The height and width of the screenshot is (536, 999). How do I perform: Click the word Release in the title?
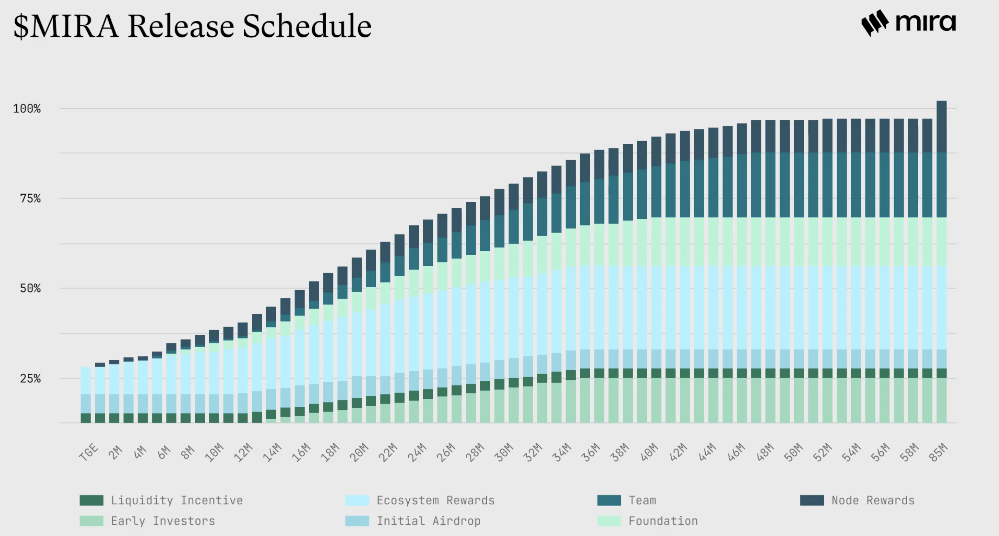(181, 26)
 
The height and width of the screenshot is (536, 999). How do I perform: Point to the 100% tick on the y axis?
(27, 109)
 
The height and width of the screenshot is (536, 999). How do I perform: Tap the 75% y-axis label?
(30, 199)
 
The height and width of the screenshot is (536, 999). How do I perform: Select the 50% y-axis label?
(30, 288)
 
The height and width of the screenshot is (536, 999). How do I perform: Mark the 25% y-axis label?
(30, 378)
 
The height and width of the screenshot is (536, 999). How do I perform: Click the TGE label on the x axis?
(88, 452)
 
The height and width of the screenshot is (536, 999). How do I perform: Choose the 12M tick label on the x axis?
(243, 452)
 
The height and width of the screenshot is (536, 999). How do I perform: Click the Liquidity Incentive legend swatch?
(91, 500)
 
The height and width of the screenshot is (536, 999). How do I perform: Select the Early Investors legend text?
(163, 521)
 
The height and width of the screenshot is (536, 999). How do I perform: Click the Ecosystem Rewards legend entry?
(435, 500)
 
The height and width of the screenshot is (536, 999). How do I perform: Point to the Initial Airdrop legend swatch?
(357, 521)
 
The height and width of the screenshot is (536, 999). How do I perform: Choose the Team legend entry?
(642, 500)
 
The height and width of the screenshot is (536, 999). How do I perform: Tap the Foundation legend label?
(663, 521)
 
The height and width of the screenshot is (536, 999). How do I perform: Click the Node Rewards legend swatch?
(812, 500)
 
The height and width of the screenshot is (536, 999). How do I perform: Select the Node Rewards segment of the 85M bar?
(942, 127)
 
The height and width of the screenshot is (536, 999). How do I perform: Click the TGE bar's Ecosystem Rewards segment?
(86, 380)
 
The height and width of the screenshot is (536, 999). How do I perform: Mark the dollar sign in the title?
(21, 26)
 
